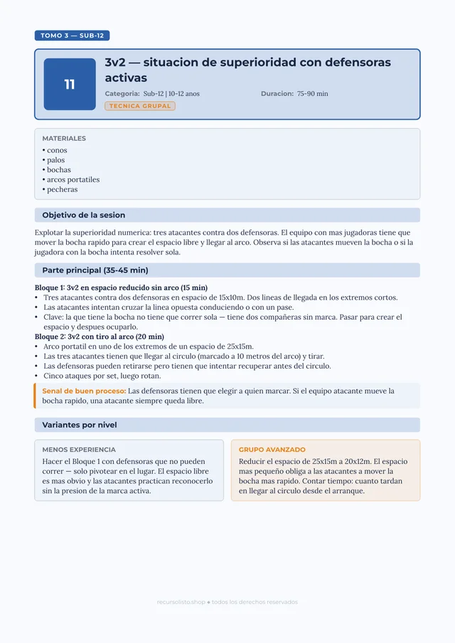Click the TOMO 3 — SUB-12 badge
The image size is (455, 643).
[72, 36]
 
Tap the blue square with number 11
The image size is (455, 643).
[70, 85]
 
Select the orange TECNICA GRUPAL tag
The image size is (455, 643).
[140, 106]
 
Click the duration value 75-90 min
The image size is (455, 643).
[313, 94]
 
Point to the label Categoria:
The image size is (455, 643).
[122, 94]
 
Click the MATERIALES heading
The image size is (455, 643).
[64, 139]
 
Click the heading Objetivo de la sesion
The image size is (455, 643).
[84, 215]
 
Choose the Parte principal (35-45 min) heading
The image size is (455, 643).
[95, 270]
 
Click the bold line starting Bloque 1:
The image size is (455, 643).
[121, 288]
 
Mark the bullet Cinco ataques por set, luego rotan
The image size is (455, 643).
[102, 376]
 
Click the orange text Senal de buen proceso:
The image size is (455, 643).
[84, 391]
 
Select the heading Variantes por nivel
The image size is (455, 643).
[80, 425]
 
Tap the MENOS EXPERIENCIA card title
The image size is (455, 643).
[79, 450]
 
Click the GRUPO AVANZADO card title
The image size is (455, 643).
[272, 450]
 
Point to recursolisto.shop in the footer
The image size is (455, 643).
[181, 602]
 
